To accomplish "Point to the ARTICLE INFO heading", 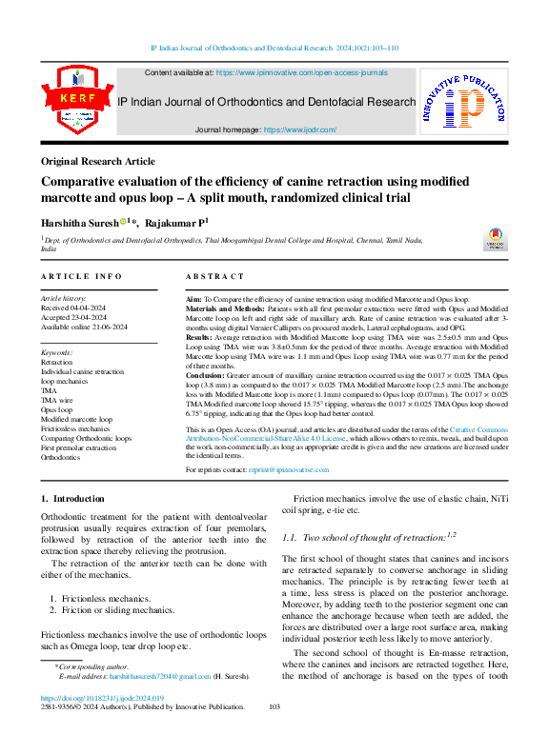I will tap(81, 276).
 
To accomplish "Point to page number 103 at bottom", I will tap(274, 707).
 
